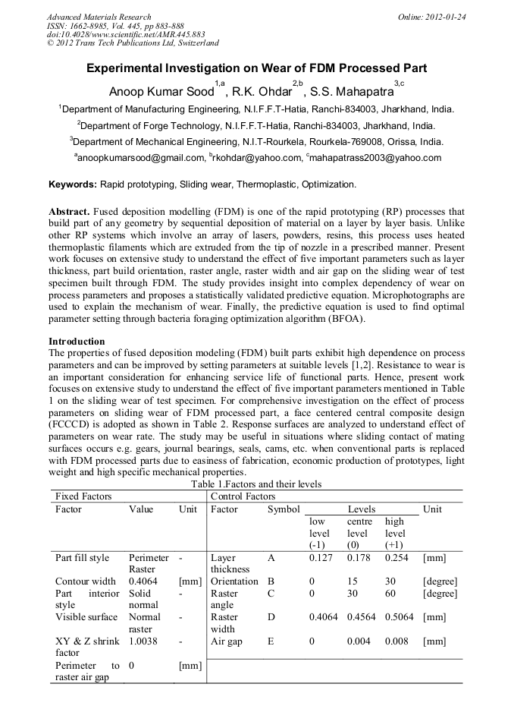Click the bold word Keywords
click(x=72, y=184)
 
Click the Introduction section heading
click(x=77, y=342)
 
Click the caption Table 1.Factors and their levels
click(x=256, y=484)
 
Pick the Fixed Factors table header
click(x=83, y=496)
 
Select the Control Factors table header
click(x=243, y=496)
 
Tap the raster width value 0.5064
click(x=399, y=617)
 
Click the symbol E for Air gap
click(x=271, y=641)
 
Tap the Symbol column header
click(x=284, y=509)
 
